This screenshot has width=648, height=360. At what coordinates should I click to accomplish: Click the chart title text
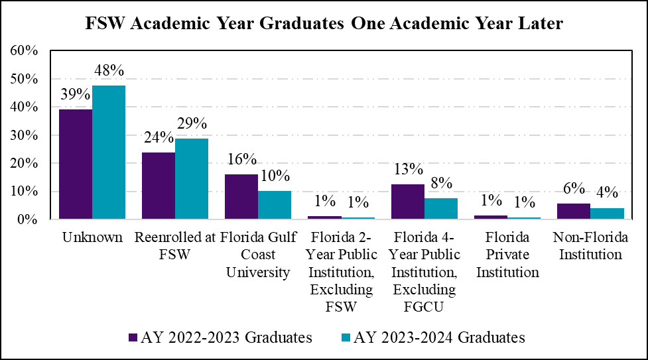[x=324, y=24]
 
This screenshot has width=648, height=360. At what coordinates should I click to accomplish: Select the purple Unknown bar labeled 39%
[x=76, y=164]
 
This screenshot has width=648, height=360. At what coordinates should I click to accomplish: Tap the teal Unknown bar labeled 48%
[x=109, y=152]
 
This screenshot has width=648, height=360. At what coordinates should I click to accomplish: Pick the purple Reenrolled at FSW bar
[x=159, y=186]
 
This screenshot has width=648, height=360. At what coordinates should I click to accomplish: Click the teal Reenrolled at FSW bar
[x=192, y=178]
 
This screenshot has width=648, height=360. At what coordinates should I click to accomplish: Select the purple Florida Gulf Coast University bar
[x=241, y=197]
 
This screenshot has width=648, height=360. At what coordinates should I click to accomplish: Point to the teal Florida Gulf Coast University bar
[x=275, y=205]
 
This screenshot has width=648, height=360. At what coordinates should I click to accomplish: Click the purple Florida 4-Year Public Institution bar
[x=407, y=202]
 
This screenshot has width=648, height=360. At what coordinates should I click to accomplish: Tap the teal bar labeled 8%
[x=440, y=208]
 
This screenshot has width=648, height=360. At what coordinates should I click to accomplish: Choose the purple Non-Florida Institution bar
[x=573, y=211]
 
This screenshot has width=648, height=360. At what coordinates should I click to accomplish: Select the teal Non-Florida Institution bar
[x=606, y=213]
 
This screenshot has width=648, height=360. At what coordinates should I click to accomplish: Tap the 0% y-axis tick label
[x=29, y=219]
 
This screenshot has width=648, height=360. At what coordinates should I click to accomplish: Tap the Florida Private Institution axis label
[x=507, y=255]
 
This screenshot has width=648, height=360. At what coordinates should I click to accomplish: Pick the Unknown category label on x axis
[x=92, y=237]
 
